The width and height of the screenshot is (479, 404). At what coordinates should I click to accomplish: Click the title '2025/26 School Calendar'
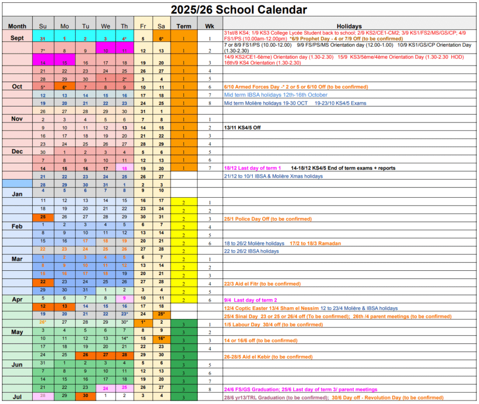pos(239,9)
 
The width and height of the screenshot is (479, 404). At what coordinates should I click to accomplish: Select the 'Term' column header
pos(183,26)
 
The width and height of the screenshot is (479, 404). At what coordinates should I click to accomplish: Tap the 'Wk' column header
pos(210,26)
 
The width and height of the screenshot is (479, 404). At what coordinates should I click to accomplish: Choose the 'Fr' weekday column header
pos(143,26)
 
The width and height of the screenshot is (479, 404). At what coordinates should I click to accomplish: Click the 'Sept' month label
pos(17,38)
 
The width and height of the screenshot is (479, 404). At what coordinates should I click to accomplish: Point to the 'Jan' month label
pos(17,194)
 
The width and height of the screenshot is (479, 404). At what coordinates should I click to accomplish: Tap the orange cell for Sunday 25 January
pos(43,217)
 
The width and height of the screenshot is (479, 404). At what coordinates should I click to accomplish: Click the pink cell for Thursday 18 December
pos(124,168)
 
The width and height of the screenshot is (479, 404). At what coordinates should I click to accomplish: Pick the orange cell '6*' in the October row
pos(64,87)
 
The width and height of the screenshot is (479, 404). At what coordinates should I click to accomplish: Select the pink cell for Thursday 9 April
pos(124,298)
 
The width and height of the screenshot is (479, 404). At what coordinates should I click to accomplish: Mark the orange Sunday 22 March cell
pos(43,282)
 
